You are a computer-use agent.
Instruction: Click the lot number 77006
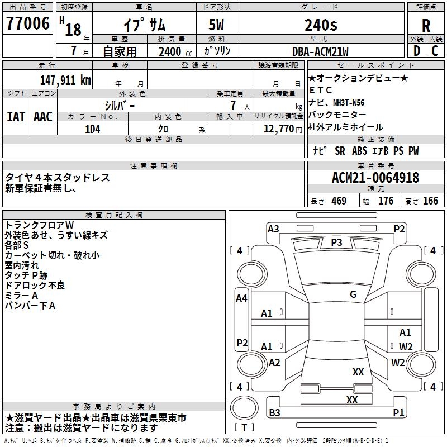point(28,23)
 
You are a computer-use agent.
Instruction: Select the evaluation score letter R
point(426,25)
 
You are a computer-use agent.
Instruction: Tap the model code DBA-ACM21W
point(320,51)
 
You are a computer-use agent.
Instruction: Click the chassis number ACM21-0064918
point(375,178)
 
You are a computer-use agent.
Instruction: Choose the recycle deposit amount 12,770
point(278,129)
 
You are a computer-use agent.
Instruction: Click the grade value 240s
point(320,25)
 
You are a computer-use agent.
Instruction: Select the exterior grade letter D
point(416,51)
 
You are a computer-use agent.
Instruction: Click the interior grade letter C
point(435,51)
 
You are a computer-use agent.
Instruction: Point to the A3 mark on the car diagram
point(273,229)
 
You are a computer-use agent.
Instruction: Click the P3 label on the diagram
point(336,242)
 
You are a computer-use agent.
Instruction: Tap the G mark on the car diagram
point(353,294)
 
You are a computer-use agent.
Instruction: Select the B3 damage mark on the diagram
point(274,413)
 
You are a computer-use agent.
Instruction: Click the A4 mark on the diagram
point(241,298)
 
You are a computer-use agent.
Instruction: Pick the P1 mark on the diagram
point(398,413)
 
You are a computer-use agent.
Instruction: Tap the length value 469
point(337,201)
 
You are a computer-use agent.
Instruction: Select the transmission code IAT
point(16,117)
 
